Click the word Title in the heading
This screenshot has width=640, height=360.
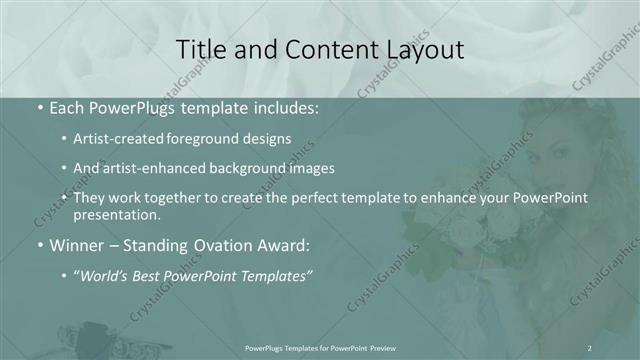pos(201,49)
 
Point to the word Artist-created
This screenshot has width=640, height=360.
pos(117,138)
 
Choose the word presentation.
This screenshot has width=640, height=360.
pos(117,214)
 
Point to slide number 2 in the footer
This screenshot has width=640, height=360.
pos(589,347)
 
